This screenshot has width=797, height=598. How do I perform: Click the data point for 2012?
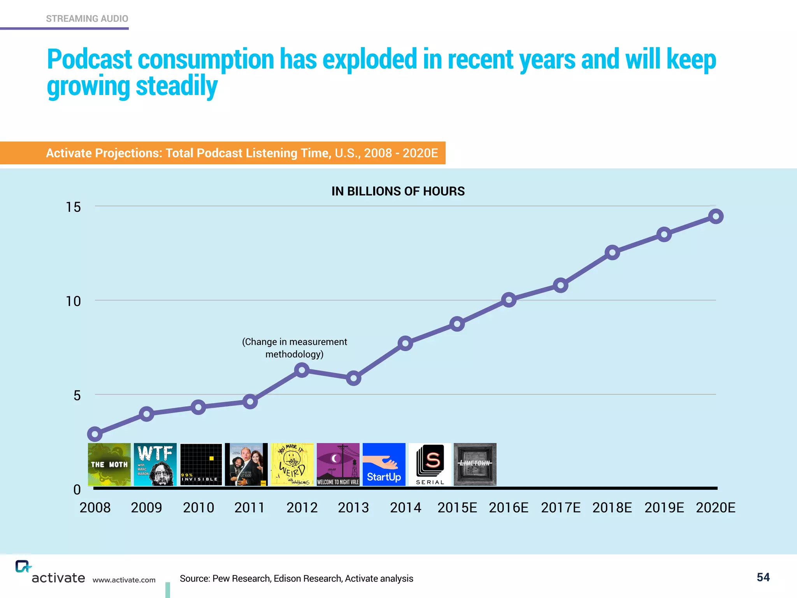302,370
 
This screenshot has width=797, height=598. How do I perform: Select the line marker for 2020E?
716,216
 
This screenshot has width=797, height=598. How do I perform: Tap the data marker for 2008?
95,434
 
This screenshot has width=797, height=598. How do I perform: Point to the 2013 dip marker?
353,378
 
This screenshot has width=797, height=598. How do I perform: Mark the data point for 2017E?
560,285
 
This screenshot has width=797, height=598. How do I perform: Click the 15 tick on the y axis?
73,207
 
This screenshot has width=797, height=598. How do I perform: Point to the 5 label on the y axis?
77,396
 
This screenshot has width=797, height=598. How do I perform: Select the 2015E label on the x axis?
457,508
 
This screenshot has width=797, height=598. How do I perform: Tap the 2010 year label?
198,508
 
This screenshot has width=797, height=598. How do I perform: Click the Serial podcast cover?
430,464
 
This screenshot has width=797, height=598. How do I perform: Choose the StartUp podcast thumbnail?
384,464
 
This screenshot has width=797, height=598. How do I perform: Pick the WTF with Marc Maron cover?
155,464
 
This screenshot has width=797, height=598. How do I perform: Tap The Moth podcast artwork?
109,464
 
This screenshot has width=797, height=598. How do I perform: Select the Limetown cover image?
475,464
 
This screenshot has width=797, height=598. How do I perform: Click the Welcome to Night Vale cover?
338,464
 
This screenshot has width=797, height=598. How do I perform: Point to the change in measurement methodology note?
295,348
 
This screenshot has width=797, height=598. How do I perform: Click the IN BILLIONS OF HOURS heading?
398,191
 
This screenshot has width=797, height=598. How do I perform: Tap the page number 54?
763,577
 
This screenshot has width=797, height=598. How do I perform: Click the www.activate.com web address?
124,580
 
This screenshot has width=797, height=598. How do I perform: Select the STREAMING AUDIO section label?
87,19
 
